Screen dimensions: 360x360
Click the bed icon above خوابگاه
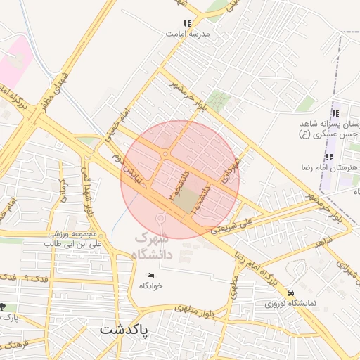click(x=150, y=274)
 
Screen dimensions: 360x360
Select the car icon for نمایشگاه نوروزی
click(x=291, y=292)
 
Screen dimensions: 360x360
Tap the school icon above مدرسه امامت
click(x=187, y=23)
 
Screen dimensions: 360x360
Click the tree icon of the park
click(x=4, y=307)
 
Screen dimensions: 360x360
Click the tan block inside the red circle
click(x=186, y=202)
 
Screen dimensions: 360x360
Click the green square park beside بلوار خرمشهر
click(x=220, y=101)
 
